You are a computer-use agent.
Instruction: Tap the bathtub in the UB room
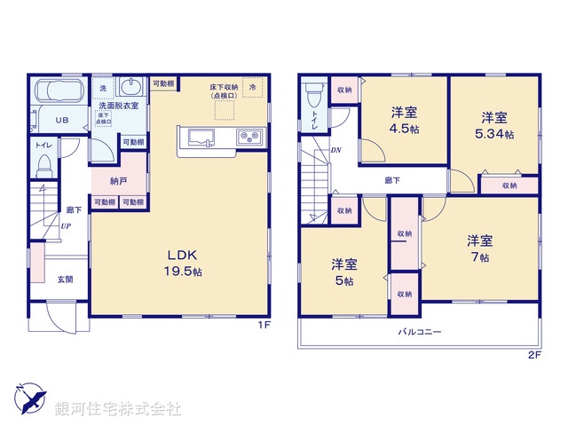tap(58, 92)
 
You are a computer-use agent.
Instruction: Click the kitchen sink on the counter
tap(201, 138)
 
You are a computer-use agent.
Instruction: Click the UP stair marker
tap(67, 226)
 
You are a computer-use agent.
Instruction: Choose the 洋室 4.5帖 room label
tap(405, 119)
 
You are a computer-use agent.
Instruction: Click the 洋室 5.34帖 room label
tap(494, 125)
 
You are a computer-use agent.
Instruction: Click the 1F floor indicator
tap(264, 325)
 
